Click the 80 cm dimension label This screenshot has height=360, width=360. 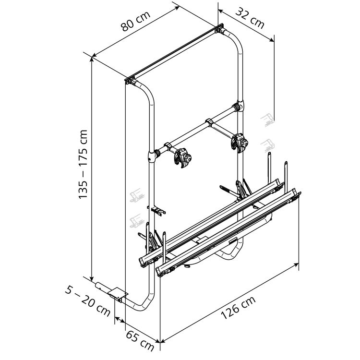pyautogui.click(x=135, y=21)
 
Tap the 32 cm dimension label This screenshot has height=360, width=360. pyautogui.click(x=250, y=18)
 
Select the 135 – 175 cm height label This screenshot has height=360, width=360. pyautogui.click(x=83, y=164)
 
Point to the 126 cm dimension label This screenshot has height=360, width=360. pyautogui.click(x=238, y=307)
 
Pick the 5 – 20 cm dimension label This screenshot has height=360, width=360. pyautogui.click(x=87, y=300)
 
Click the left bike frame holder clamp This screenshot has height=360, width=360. pyautogui.click(x=182, y=158)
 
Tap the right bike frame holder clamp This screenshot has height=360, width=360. pyautogui.click(x=240, y=143)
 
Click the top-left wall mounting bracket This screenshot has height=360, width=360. pyautogui.click(x=131, y=80)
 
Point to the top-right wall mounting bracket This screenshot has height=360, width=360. pyautogui.click(x=219, y=28)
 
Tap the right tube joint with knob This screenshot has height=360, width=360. pyautogui.click(x=238, y=106)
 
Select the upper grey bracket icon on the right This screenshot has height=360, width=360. pyautogui.click(x=267, y=120)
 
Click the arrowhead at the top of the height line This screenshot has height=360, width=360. pyautogui.click(x=92, y=60)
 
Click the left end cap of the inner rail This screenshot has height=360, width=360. pyautogui.click(x=143, y=262)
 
